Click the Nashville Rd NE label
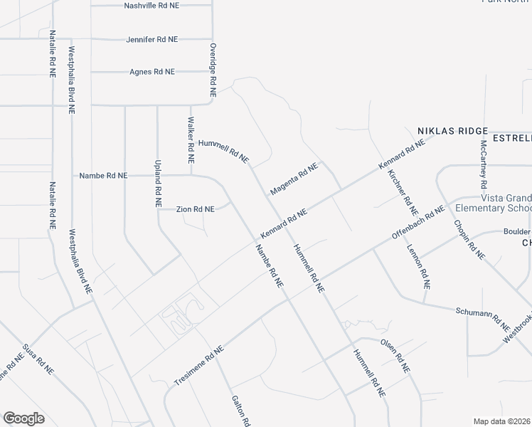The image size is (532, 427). (x=151, y=5)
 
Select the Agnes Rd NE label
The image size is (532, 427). (x=152, y=72)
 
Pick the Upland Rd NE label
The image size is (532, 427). (x=158, y=183)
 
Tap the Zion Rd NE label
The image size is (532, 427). (x=195, y=209)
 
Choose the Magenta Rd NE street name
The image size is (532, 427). (x=293, y=179)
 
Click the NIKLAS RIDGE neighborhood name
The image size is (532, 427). (x=452, y=131)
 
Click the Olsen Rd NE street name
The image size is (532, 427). (x=395, y=355)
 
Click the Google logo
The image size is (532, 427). (x=23, y=418)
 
